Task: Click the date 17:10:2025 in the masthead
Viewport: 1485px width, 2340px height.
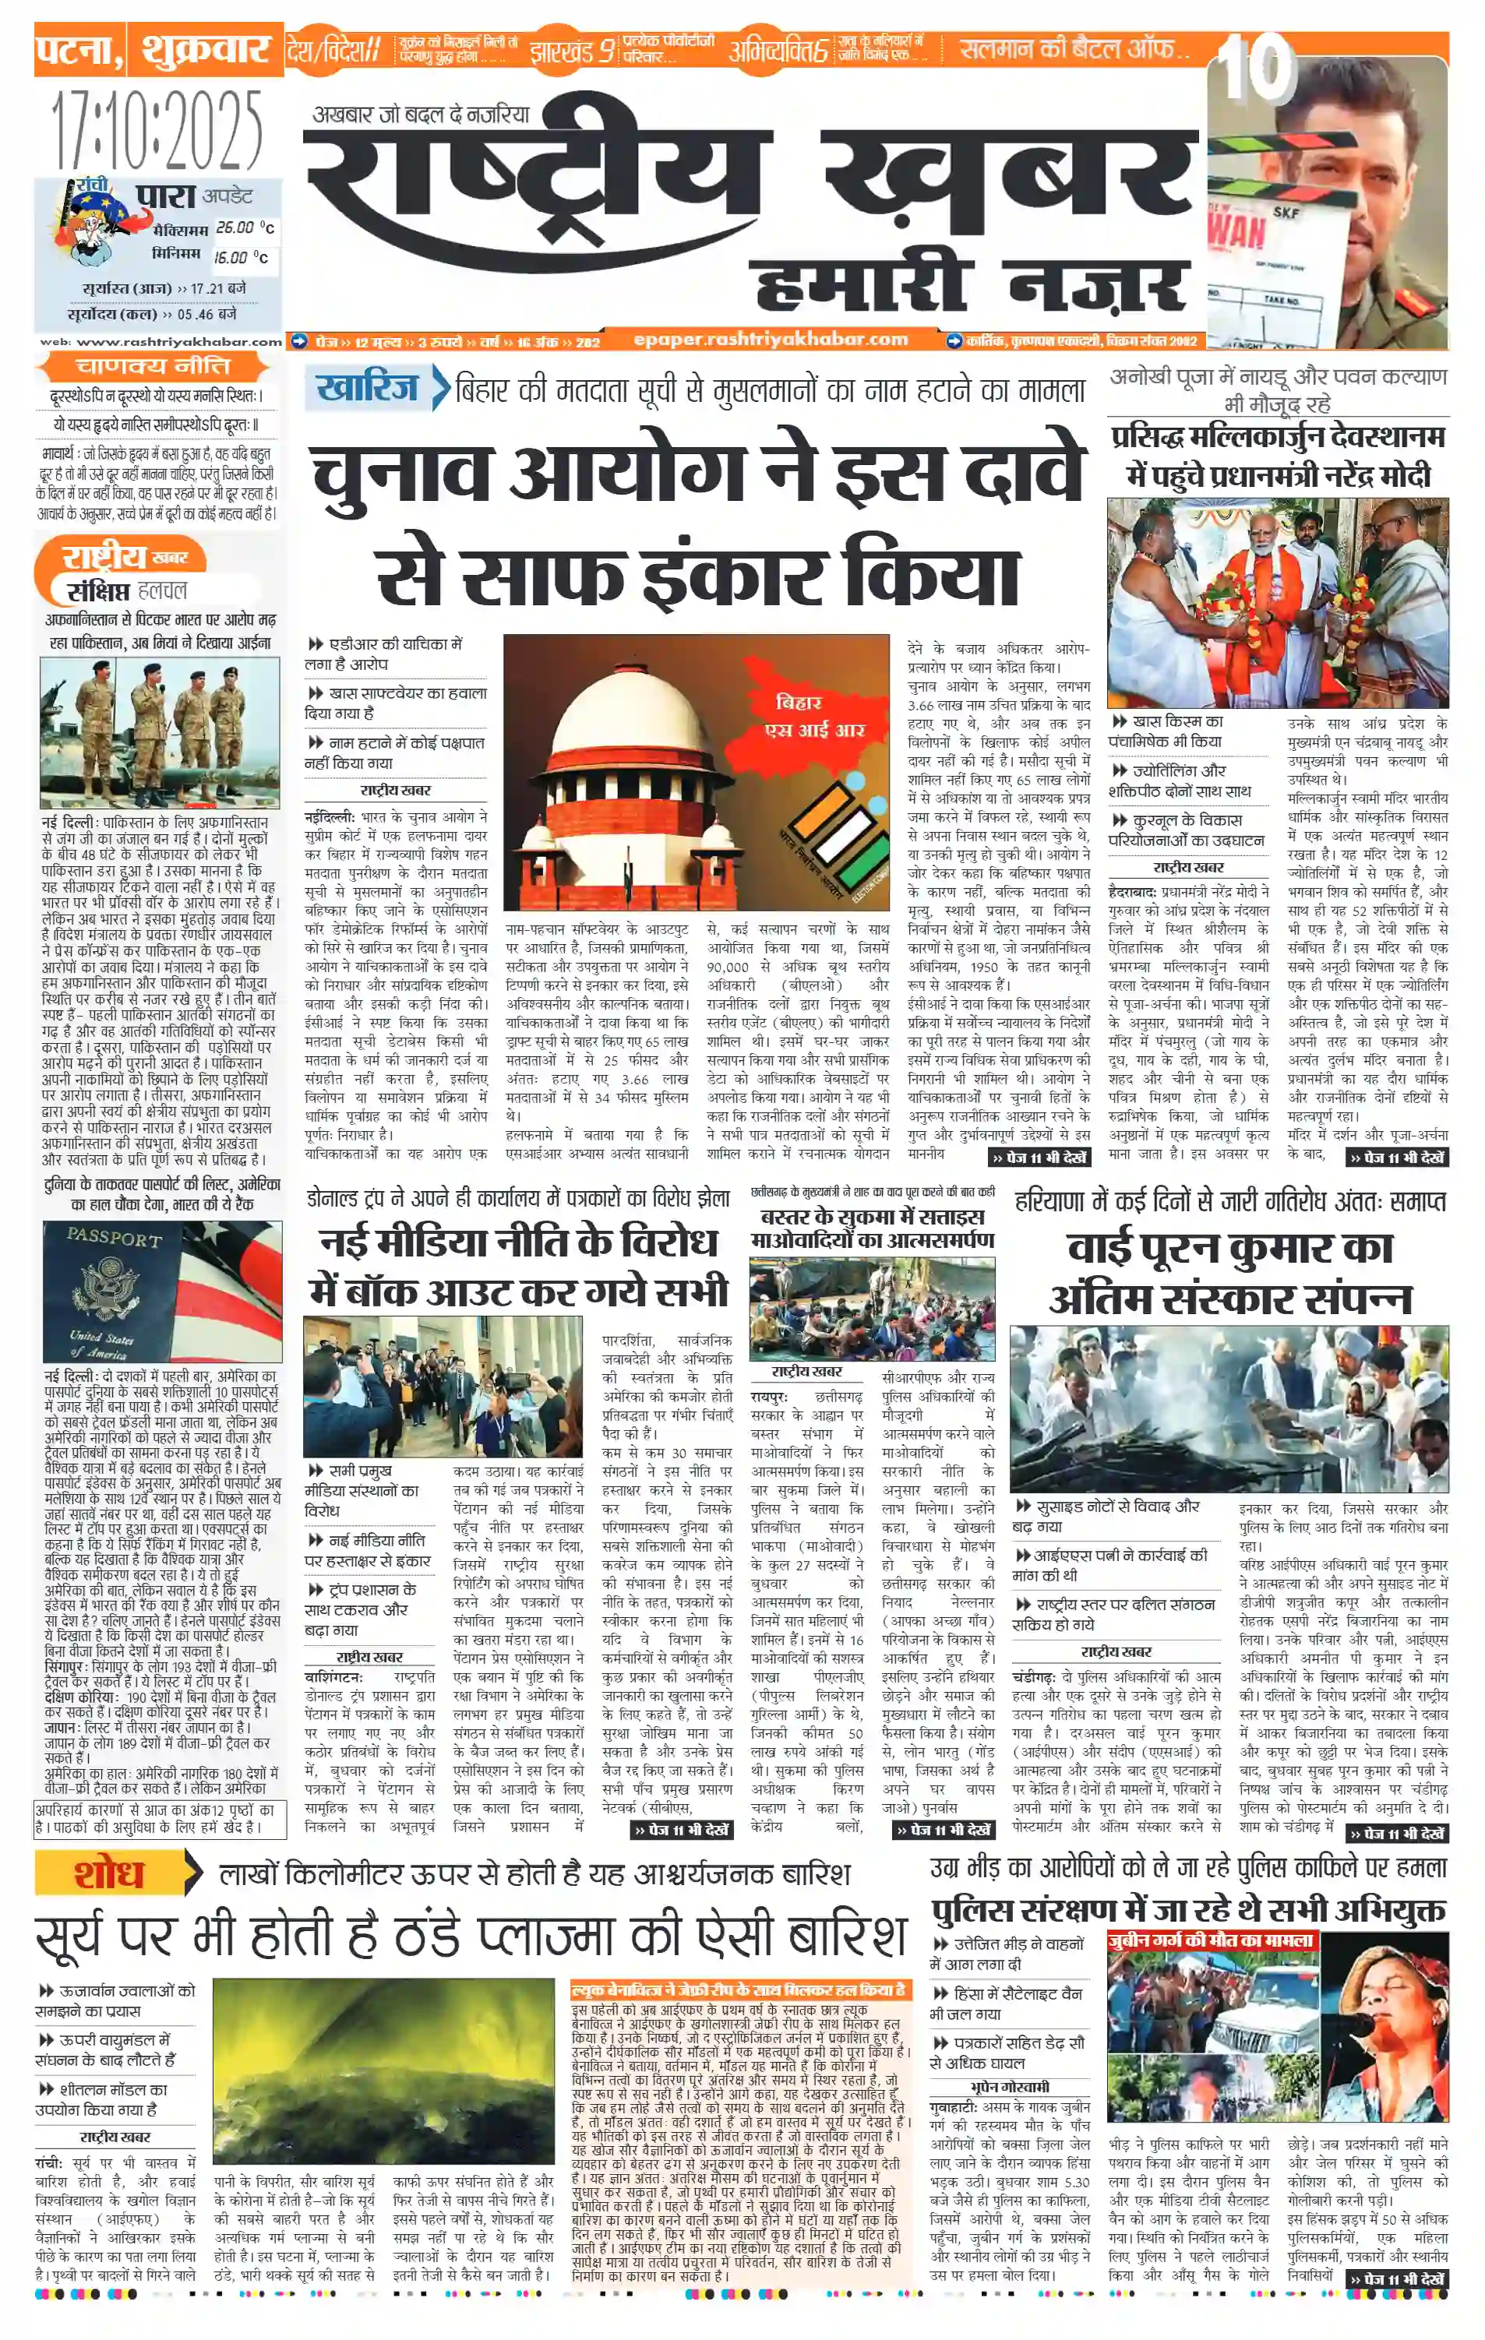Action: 157,129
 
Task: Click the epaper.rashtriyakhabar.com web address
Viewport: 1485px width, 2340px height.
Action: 771,339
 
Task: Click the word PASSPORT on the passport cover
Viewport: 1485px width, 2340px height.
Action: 114,1239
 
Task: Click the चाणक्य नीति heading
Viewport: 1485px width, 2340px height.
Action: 153,366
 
